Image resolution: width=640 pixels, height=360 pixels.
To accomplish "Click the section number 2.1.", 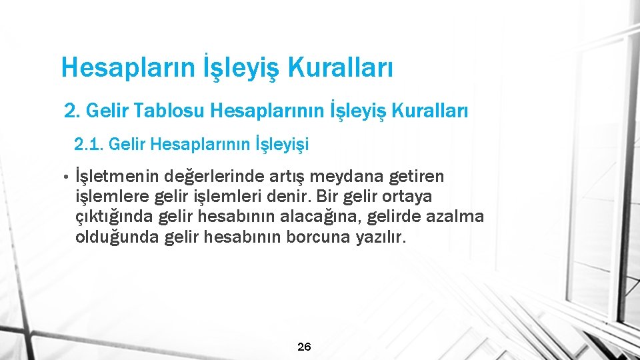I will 88,143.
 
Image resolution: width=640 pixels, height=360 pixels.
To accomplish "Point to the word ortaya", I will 426,197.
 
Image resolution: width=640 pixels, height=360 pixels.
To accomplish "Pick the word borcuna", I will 318,237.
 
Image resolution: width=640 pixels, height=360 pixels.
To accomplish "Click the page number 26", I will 303,346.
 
